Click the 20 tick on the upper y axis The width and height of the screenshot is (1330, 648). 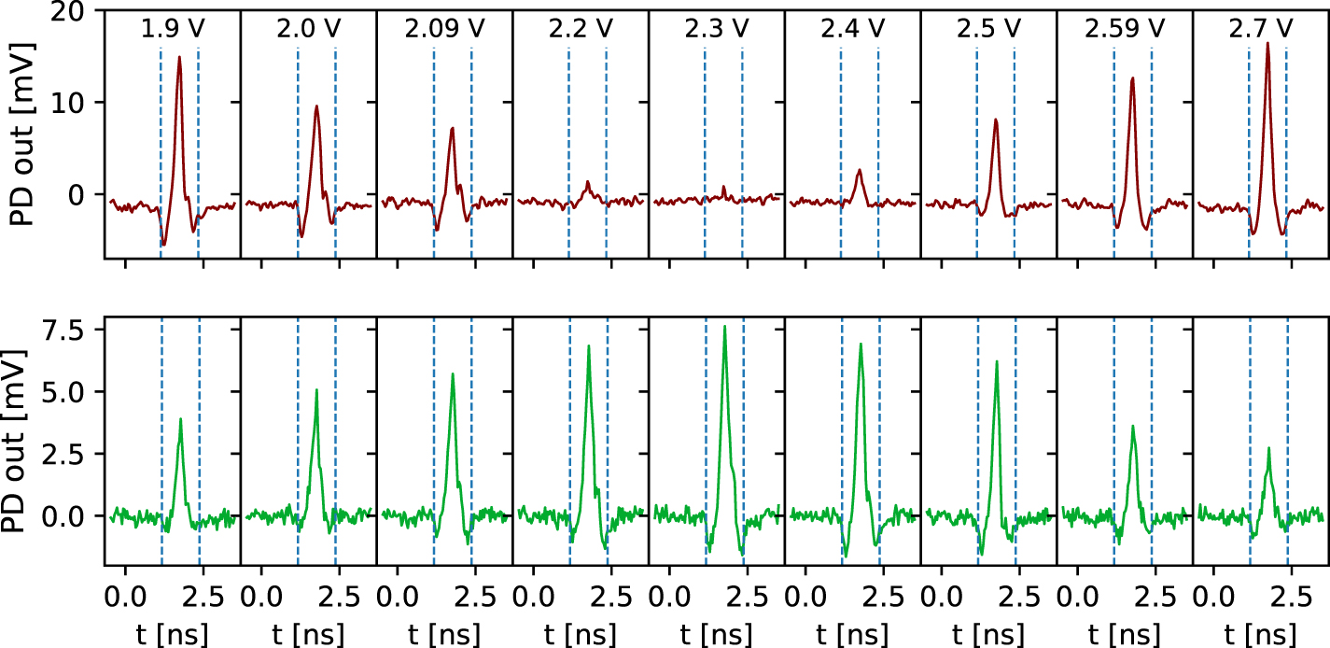[x=76, y=11]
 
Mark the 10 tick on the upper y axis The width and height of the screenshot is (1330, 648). [x=76, y=103]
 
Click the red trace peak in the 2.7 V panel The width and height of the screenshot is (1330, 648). [x=1267, y=43]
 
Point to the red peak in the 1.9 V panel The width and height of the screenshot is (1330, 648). [x=179, y=57]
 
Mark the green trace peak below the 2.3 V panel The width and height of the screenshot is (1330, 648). [x=724, y=326]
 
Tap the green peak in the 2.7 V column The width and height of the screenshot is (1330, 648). [x=1268, y=448]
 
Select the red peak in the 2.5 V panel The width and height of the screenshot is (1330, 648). [x=996, y=120]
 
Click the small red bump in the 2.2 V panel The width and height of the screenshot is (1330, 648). [x=588, y=182]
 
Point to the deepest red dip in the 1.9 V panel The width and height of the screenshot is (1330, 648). [x=164, y=245]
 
